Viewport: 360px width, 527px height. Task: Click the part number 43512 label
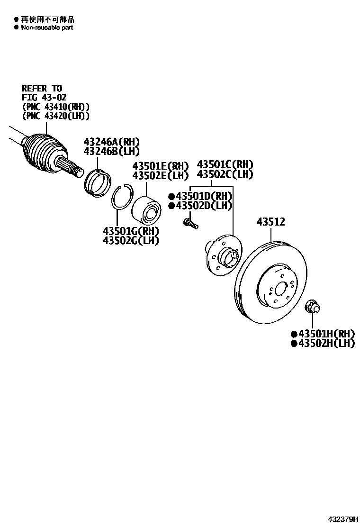coord(271,221)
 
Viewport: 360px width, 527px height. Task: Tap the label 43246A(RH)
coord(112,142)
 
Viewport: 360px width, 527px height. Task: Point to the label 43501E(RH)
coord(160,166)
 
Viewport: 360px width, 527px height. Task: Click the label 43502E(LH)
coord(160,175)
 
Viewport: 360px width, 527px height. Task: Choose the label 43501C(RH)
coord(225,164)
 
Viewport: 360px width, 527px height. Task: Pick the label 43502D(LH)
coord(204,206)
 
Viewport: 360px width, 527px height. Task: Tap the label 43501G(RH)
coord(131,231)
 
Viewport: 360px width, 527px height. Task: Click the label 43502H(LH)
coord(326,344)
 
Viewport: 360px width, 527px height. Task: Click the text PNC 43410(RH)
coord(55,107)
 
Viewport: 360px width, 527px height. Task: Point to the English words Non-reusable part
coord(47,27)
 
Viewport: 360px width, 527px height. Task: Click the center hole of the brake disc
coord(280,289)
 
